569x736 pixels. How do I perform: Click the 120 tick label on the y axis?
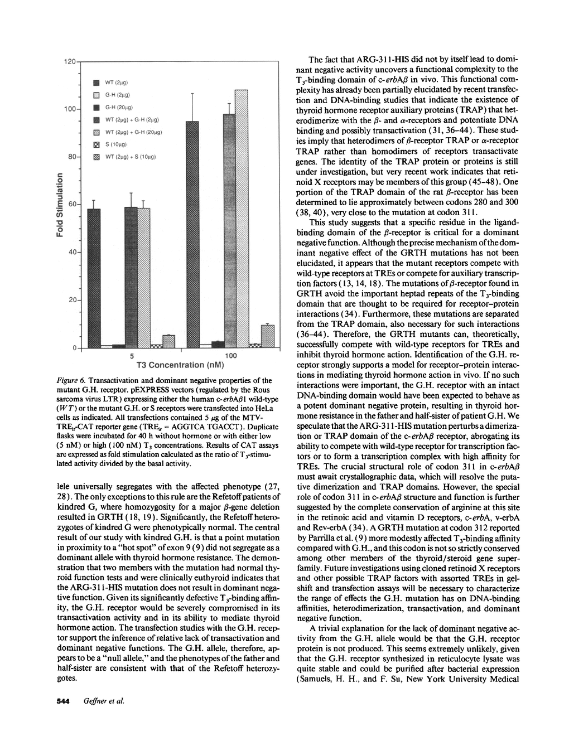(x=70, y=61)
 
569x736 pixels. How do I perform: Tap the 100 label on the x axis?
(x=231, y=356)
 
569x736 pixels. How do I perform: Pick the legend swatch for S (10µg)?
(x=95, y=144)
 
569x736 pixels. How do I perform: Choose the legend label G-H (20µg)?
(x=118, y=107)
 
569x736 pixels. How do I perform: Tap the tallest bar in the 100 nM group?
(x=242, y=219)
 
